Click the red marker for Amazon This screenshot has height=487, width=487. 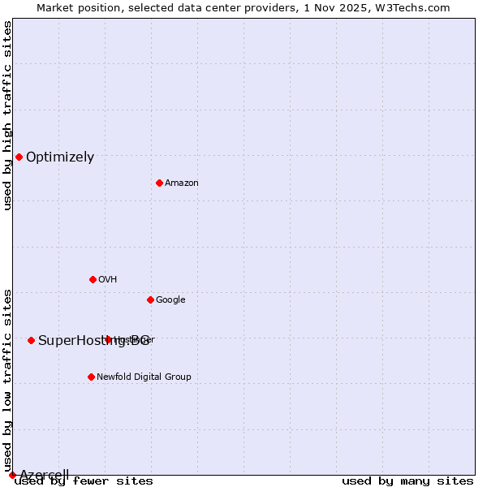pyautogui.click(x=159, y=183)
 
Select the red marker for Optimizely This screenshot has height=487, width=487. pyautogui.click(x=19, y=157)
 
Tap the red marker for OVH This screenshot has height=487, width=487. pyautogui.click(x=93, y=279)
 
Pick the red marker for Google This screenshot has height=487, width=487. pyautogui.click(x=150, y=300)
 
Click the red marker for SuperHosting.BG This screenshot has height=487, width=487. pyautogui.click(x=31, y=340)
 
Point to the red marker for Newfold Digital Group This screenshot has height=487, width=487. pyautogui.click(x=91, y=377)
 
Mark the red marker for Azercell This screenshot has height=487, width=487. pyautogui.click(x=12, y=475)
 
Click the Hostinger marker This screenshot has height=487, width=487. pyautogui.click(x=108, y=339)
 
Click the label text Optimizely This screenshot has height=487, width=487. pyautogui.click(x=60, y=157)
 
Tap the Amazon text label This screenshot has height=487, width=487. pyautogui.click(x=182, y=183)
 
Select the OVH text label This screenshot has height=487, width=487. pyautogui.click(x=108, y=280)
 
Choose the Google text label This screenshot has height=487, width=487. pyautogui.click(x=170, y=300)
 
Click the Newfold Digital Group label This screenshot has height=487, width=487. pyautogui.click(x=144, y=377)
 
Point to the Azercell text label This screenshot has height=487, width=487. pyautogui.click(x=44, y=475)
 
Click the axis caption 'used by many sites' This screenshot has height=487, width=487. pyautogui.click(x=407, y=481)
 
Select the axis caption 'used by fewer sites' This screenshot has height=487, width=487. pyautogui.click(x=84, y=481)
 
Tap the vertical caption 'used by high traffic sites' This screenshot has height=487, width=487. pyautogui.click(x=7, y=115)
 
